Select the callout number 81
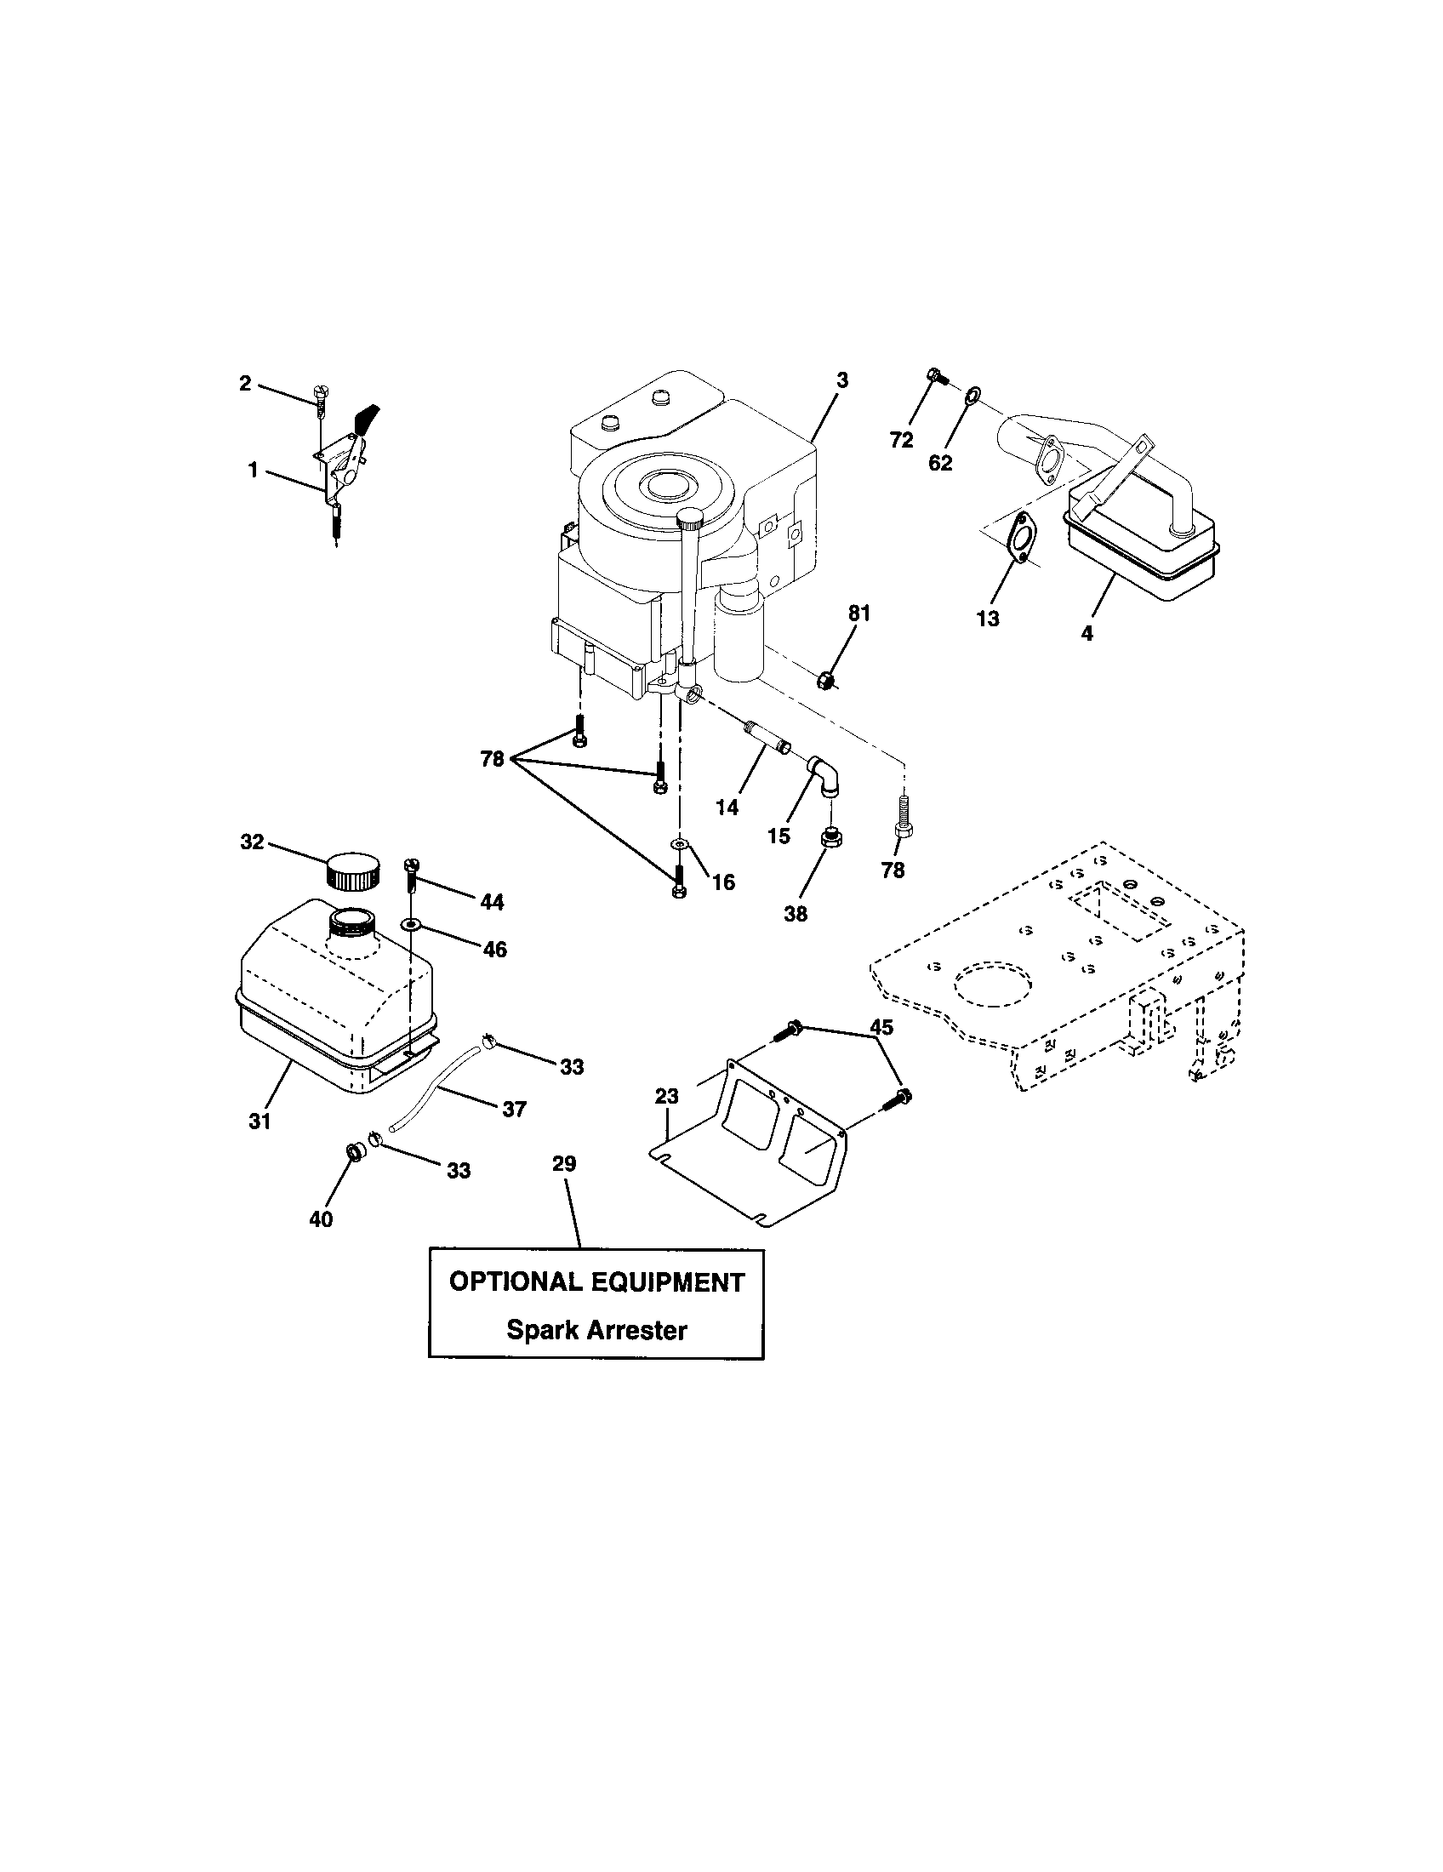pyautogui.click(x=858, y=613)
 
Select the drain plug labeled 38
pyautogui.click(x=830, y=838)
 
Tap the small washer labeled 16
pyautogui.click(x=681, y=845)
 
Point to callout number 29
pyautogui.click(x=564, y=1163)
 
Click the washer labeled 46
pyautogui.click(x=411, y=925)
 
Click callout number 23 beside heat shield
pyautogui.click(x=667, y=1095)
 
